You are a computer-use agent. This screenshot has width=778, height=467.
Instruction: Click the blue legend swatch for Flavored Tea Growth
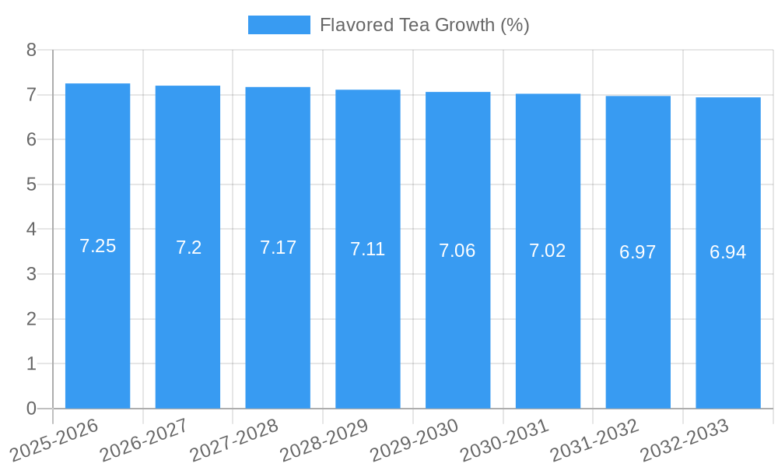pyautogui.click(x=279, y=25)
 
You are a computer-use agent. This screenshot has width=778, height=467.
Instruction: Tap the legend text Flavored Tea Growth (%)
pyautogui.click(x=424, y=25)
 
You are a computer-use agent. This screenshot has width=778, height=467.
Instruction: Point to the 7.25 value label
pyautogui.click(x=97, y=246)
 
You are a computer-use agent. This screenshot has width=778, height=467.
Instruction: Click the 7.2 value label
pyautogui.click(x=188, y=248)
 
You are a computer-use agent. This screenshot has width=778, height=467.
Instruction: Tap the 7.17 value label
pyautogui.click(x=278, y=248)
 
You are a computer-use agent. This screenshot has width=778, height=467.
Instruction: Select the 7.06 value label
pyautogui.click(x=457, y=251)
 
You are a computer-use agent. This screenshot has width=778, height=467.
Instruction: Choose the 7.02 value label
pyautogui.click(x=548, y=251)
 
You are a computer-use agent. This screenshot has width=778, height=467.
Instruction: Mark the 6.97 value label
pyautogui.click(x=638, y=252)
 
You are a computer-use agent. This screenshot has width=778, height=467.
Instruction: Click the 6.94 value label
pyautogui.click(x=728, y=252)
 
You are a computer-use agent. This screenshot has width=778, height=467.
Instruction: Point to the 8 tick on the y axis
pyautogui.click(x=31, y=50)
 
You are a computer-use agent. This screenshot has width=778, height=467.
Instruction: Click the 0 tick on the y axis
pyautogui.click(x=31, y=409)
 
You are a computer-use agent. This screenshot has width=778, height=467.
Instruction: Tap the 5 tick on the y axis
pyautogui.click(x=31, y=184)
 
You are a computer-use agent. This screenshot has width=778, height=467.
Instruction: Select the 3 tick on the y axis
pyautogui.click(x=31, y=274)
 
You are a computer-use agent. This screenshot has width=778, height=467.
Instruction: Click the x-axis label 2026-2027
pyautogui.click(x=145, y=439)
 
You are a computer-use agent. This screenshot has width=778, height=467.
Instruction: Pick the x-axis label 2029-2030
pyautogui.click(x=415, y=439)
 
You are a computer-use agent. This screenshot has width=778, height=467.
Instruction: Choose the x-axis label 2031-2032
pyautogui.click(x=595, y=439)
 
